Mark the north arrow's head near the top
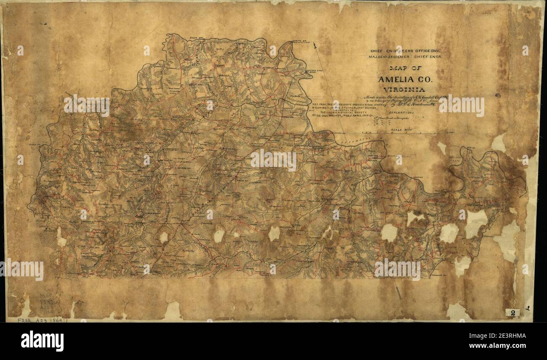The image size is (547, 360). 315,46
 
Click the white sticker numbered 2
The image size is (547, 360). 512,313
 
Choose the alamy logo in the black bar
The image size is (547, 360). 42,341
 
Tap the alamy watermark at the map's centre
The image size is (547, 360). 273,160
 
